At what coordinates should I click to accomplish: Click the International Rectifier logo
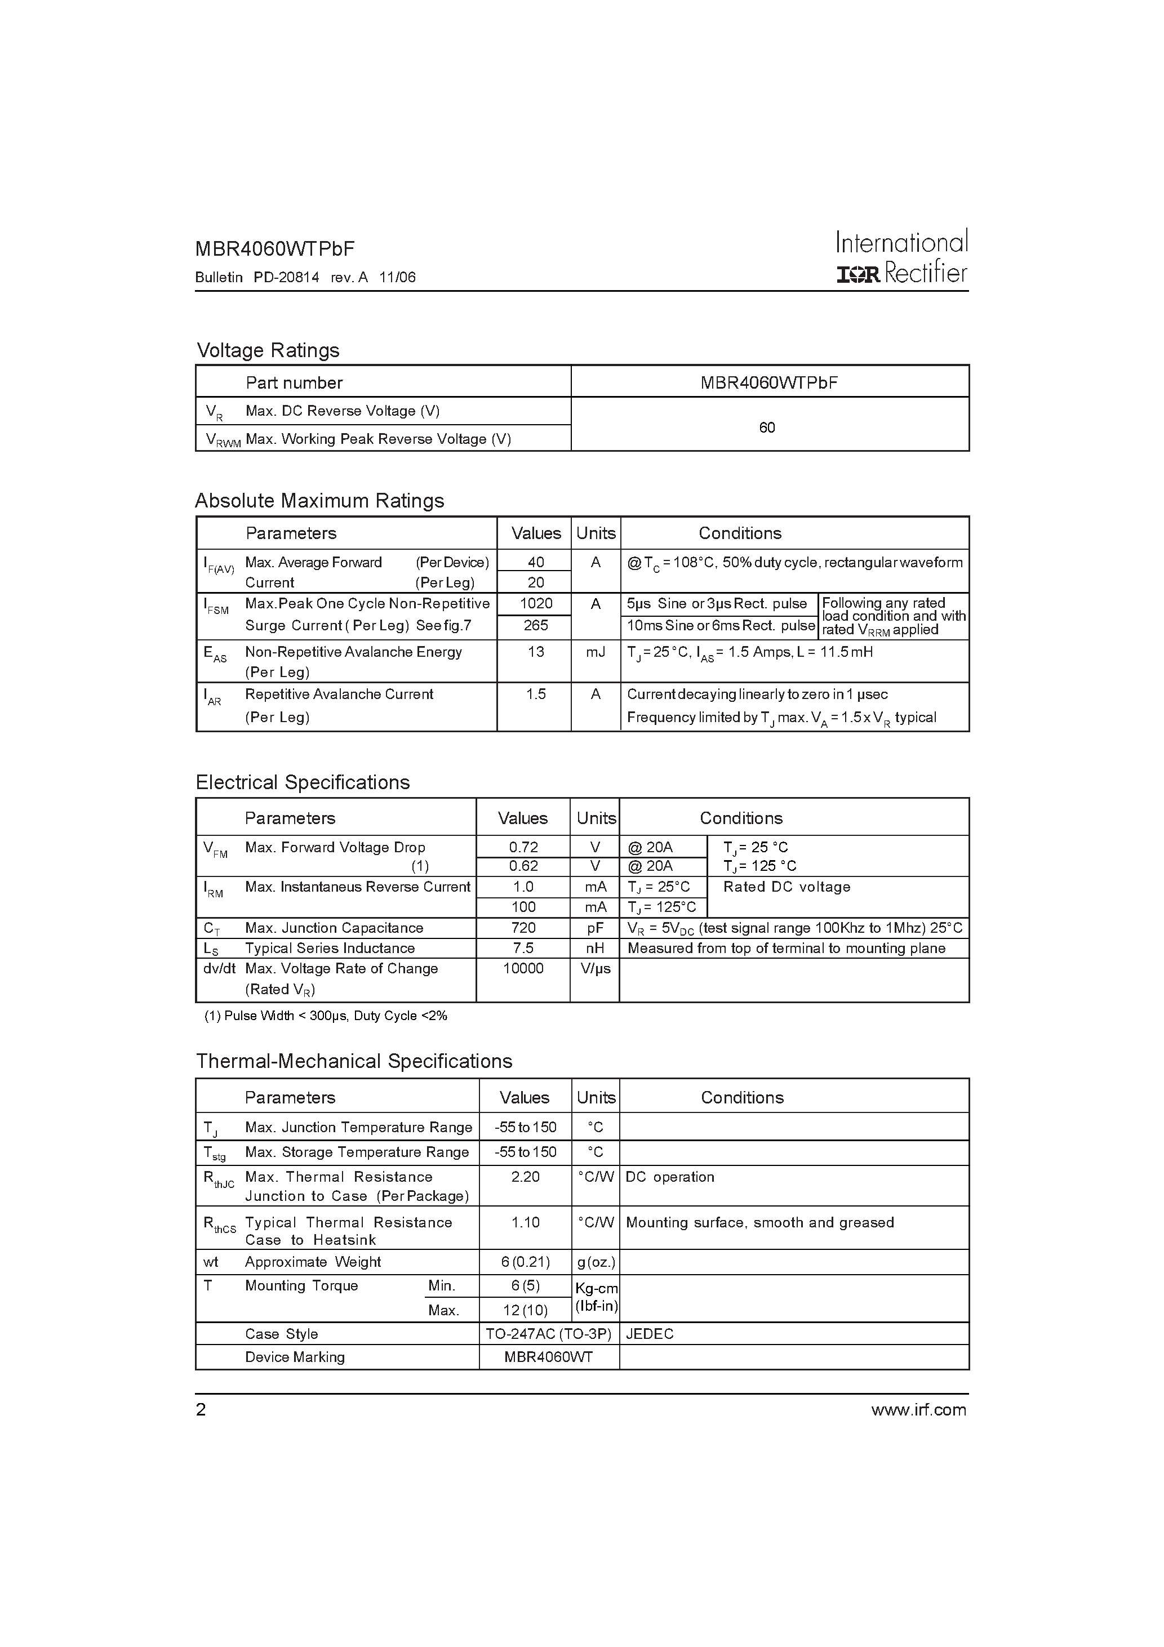tap(902, 257)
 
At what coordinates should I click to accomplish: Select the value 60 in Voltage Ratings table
tap(766, 428)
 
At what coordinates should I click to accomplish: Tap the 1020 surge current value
tap(535, 603)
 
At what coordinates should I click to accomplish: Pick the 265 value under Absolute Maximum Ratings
tap(535, 625)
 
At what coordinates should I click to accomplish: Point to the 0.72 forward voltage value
tap(523, 847)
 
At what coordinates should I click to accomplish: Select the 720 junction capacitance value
tap(523, 928)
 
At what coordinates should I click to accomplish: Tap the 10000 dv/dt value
tap(523, 968)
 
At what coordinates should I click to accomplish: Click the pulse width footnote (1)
tap(326, 1016)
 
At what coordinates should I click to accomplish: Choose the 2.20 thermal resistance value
tap(525, 1177)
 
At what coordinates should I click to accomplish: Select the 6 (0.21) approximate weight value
tap(525, 1262)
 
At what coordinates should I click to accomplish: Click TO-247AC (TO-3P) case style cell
tap(548, 1333)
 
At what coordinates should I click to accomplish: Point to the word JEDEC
tap(650, 1333)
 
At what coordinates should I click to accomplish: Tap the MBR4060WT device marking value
tap(548, 1357)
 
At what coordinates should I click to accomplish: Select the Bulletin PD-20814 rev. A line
tap(305, 278)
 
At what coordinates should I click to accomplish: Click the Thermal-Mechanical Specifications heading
tap(354, 1061)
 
